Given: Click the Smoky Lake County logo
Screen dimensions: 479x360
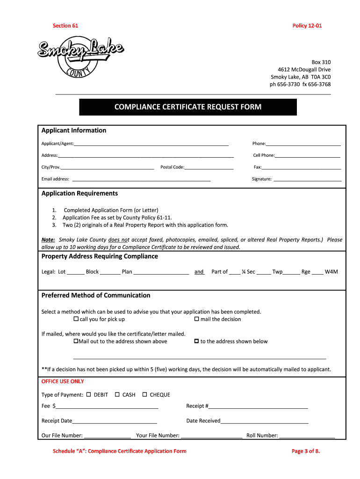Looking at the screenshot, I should coord(80,57).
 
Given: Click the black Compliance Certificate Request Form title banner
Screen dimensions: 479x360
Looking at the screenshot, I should coord(188,107).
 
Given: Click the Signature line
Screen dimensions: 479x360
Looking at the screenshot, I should coord(307,179).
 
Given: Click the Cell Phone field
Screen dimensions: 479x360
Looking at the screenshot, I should coord(307,156).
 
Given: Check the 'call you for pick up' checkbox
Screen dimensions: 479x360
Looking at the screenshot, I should coord(76,319).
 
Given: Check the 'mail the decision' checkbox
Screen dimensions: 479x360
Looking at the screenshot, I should coord(196,319).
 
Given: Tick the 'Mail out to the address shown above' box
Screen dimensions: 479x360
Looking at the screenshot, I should coord(76,341).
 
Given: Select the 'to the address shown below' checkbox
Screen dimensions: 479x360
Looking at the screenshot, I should coord(196,341).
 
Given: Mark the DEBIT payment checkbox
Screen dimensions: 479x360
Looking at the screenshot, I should coord(88,394).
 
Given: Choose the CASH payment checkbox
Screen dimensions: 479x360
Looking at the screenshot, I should coord(117,394).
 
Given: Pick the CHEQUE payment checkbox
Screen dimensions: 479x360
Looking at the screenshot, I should coord(144,394).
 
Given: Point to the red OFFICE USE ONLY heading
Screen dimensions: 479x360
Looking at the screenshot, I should coord(63,381).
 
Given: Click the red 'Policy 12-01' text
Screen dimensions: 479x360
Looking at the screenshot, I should coord(307,26).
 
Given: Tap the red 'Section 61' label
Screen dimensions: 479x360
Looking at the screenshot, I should coord(65,26).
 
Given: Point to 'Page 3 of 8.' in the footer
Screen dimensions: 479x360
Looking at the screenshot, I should coord(305,451).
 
